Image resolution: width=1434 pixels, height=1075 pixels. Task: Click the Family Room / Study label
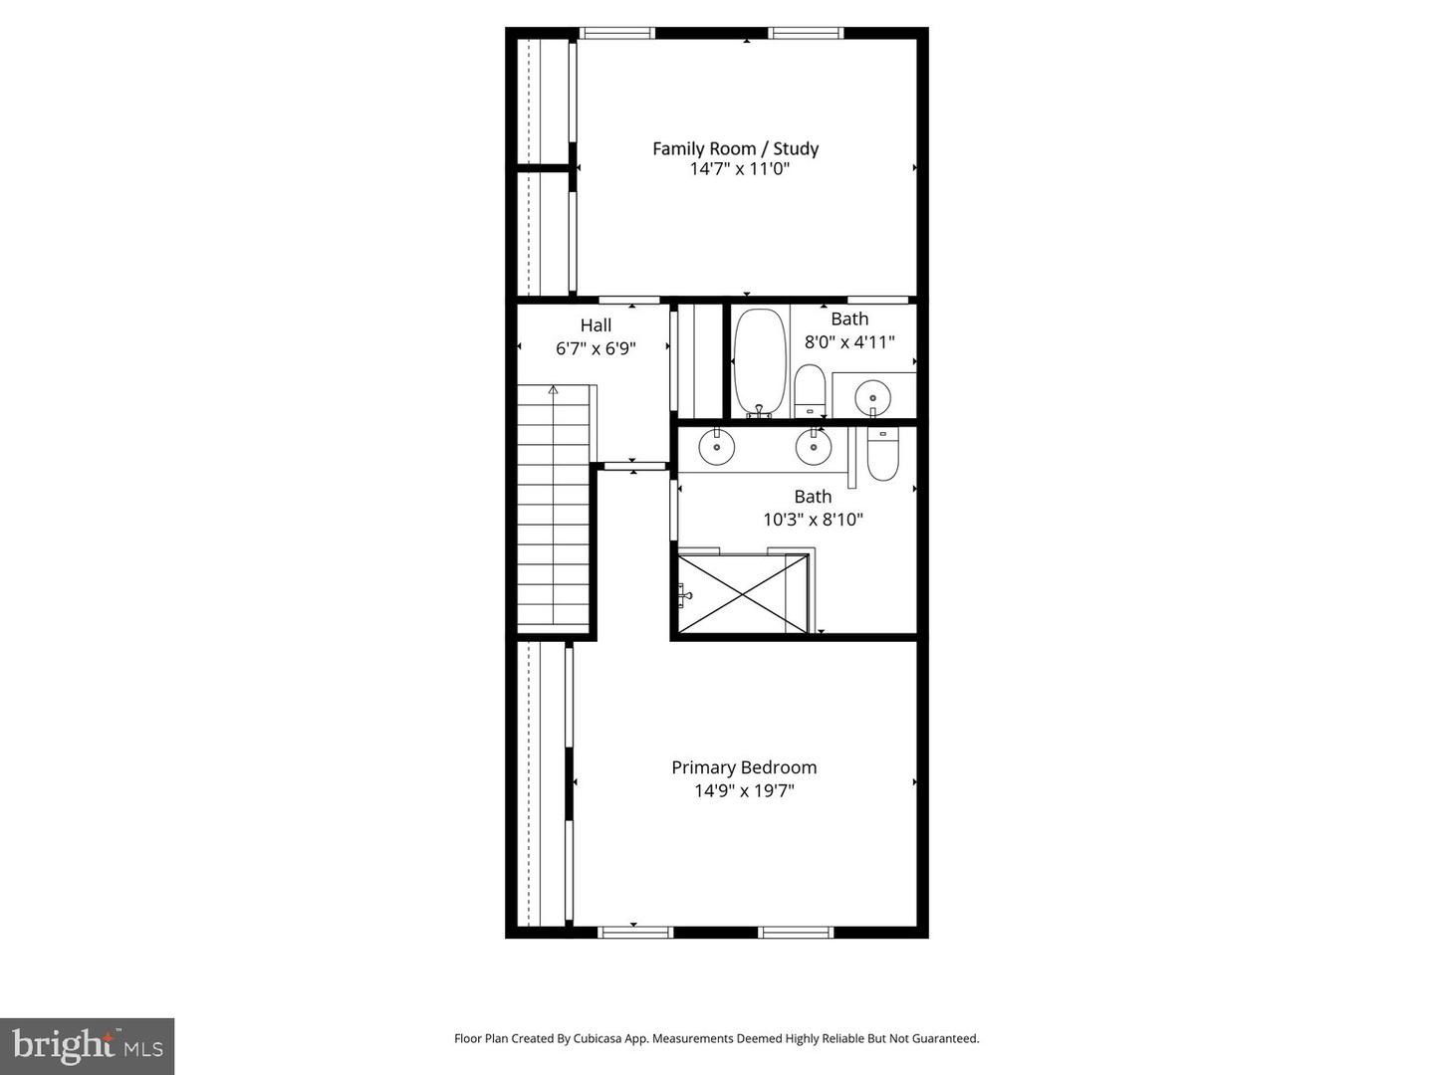tap(735, 148)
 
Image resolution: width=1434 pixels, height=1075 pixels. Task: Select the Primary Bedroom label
tap(744, 767)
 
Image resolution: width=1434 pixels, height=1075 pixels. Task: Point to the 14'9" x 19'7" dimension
tap(744, 791)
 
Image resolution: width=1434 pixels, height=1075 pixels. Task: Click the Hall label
tap(596, 325)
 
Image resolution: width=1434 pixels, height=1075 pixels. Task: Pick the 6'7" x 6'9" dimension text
tap(596, 348)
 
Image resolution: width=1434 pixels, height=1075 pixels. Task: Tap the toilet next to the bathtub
tap(810, 391)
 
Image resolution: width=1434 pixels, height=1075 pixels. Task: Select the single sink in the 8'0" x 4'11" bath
tap(872, 396)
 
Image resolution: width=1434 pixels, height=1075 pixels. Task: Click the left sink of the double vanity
tap(716, 447)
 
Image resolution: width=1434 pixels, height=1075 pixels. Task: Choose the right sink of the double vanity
tap(813, 447)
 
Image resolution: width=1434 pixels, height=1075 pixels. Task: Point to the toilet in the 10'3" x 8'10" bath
tap(882, 454)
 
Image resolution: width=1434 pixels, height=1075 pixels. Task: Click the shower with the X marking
tap(742, 593)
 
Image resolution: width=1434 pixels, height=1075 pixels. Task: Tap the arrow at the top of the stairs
tap(554, 390)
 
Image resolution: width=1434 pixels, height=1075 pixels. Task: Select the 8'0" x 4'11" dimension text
tap(849, 342)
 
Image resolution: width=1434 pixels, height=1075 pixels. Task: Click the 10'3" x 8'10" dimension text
tap(813, 520)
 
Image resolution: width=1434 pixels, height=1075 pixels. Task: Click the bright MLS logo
tap(88, 1046)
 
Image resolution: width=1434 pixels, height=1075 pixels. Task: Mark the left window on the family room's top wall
tap(617, 33)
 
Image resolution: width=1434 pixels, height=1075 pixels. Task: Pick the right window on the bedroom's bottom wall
tap(795, 932)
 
